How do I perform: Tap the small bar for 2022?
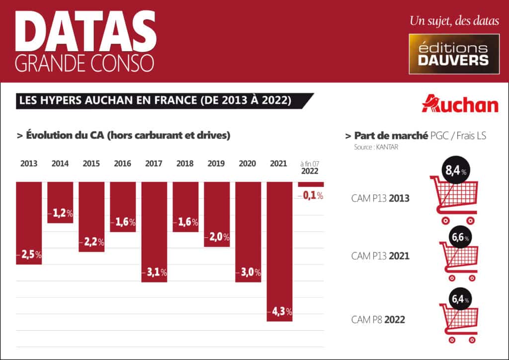pos(311,184)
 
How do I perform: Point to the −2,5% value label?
pos(29,255)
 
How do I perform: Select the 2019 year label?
pos(216,163)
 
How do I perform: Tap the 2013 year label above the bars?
pos(29,163)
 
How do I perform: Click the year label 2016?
pos(123,163)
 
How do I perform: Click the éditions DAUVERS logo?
pos(454,54)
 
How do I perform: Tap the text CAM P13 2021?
pos(380,256)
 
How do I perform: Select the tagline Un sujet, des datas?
pos(454,21)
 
